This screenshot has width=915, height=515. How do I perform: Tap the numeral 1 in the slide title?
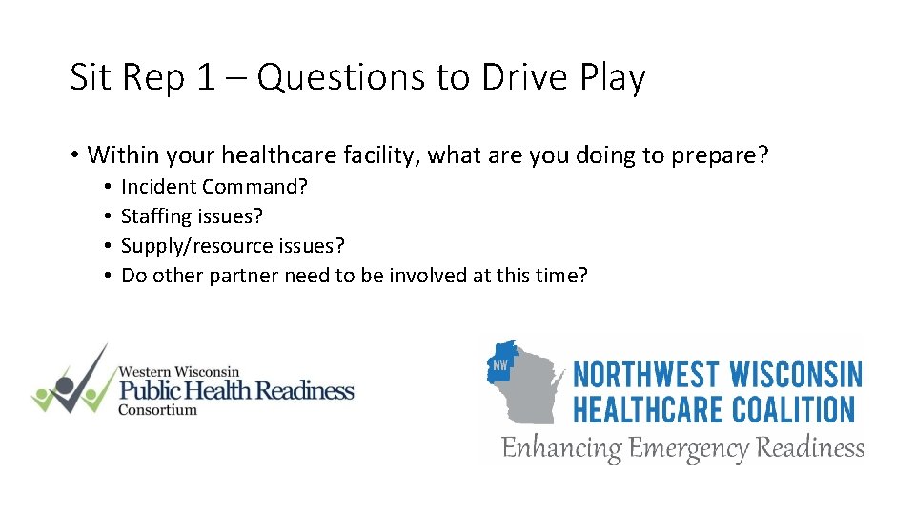(206, 77)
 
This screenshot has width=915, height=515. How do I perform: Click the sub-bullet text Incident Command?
(214, 187)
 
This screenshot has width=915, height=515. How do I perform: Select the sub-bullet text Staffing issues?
(192, 216)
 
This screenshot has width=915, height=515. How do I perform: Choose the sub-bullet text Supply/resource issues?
(233, 246)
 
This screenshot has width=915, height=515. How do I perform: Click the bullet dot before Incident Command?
(111, 187)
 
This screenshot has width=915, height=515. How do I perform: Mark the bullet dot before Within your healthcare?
(74, 154)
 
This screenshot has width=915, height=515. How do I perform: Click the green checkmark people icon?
(69, 381)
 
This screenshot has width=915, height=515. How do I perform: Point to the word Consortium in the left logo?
(157, 410)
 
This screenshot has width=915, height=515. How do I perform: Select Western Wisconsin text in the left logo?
(178, 371)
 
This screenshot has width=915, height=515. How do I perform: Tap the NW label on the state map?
(499, 365)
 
